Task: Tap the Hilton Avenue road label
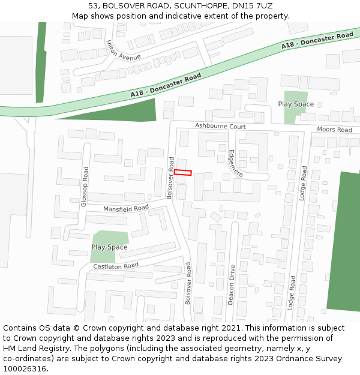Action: (122, 50)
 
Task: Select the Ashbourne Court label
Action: (220, 127)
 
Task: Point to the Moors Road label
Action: (334, 130)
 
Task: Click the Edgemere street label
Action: (235, 163)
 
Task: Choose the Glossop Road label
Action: (85, 187)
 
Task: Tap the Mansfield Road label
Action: (126, 208)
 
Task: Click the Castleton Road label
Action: (116, 265)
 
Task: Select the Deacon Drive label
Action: (231, 285)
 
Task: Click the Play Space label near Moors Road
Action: (296, 104)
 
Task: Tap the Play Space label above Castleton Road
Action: (109, 247)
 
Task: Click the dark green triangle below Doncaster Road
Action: (120, 111)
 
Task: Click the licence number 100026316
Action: (25, 369)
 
